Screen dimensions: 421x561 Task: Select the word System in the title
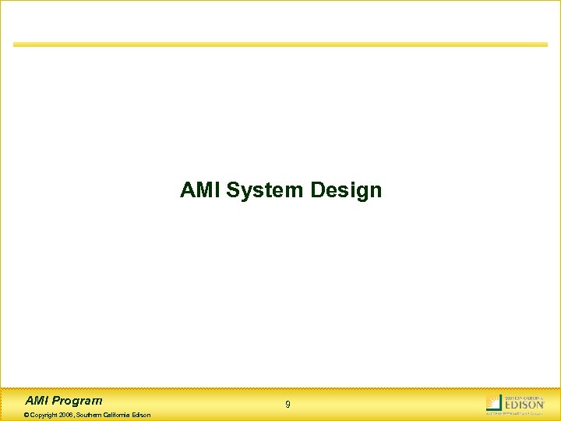265,190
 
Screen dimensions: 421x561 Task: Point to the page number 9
288,405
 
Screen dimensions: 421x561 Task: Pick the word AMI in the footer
37,401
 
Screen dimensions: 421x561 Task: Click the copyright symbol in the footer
27,415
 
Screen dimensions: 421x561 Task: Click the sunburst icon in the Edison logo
493,402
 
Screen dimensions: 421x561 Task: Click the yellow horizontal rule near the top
280,44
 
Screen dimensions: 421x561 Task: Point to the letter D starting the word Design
316,190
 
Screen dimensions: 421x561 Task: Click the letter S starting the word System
232,190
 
